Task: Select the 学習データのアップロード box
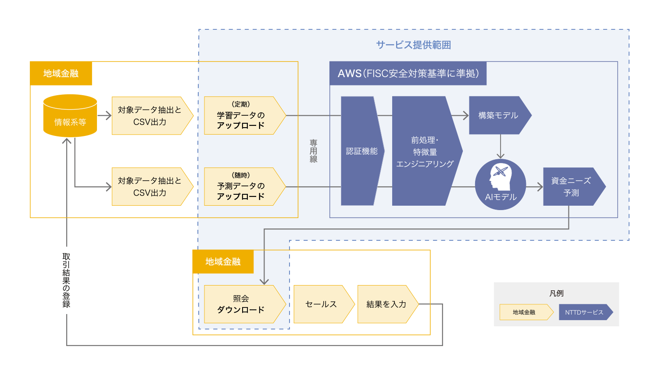point(241,115)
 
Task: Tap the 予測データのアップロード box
point(241,186)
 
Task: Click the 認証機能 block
point(361,151)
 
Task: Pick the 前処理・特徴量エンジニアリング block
point(425,151)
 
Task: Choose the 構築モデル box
point(498,115)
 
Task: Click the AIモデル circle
point(501,185)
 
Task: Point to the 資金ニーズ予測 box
point(571,186)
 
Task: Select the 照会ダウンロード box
point(241,304)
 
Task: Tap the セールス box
point(321,304)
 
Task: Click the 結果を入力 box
point(386,304)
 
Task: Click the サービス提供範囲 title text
point(413,45)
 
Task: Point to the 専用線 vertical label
point(313,151)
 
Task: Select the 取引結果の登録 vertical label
point(66,280)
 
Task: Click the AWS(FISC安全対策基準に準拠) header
point(408,73)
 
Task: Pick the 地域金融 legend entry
point(524,312)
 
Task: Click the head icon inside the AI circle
point(501,177)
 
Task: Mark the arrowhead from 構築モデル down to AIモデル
point(501,156)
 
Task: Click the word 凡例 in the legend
point(556,293)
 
